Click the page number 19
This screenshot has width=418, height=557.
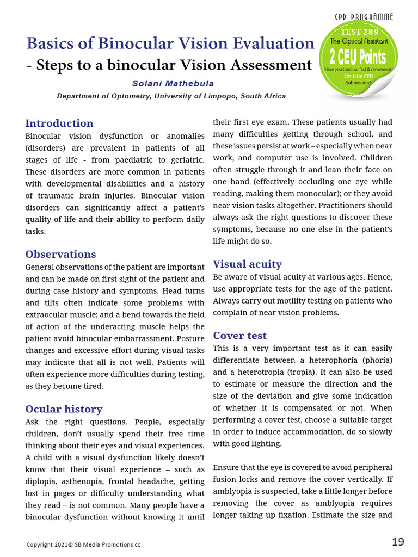(398, 542)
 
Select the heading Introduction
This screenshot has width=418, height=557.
(59, 123)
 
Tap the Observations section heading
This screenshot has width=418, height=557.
(60, 254)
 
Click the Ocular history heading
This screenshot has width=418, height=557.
(64, 409)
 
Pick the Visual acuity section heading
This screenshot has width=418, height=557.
(247, 264)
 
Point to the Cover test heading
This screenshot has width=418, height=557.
(239, 335)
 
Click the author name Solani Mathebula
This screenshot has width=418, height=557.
(173, 84)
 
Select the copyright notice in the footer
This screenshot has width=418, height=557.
(83, 544)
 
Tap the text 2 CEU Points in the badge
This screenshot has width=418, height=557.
(358, 57)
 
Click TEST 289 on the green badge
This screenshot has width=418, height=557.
(359, 33)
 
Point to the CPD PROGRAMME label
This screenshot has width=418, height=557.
(364, 17)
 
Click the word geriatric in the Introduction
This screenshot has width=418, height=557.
(184, 159)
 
